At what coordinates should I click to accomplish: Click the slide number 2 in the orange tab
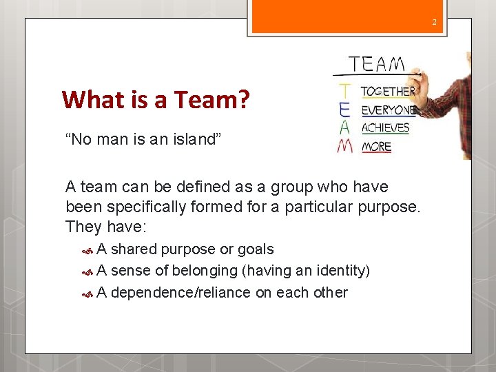pos(434,23)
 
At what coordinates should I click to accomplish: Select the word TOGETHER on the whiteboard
pos(387,91)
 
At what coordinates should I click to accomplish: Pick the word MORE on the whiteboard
pos(375,146)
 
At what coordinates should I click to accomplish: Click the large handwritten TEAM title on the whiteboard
pos(375,65)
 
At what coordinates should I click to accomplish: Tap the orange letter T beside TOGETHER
pos(344,91)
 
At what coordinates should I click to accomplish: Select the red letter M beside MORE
pos(344,146)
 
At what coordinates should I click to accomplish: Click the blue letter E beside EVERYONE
pos(344,110)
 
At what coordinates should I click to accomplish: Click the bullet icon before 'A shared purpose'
pos(87,251)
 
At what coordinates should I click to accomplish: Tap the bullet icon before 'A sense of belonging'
pos(87,272)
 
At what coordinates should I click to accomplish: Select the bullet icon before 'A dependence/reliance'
pos(87,294)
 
